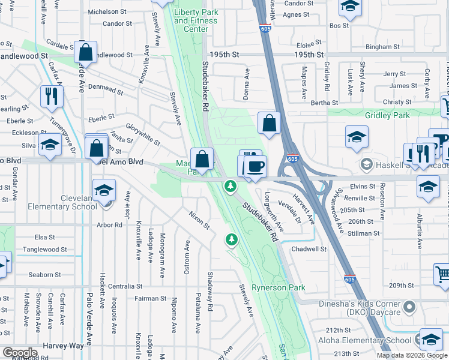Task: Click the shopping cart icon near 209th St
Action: pos(442,274)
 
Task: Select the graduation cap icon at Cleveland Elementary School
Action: pos(104,190)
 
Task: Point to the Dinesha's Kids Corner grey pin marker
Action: pos(409,307)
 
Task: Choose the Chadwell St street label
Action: pos(309,249)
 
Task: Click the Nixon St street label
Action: pos(199,220)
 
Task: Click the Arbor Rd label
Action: pos(110,225)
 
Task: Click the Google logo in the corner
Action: pos(19,353)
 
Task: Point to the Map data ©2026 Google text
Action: pos(411,355)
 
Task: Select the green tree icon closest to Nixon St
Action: pos(231,240)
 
